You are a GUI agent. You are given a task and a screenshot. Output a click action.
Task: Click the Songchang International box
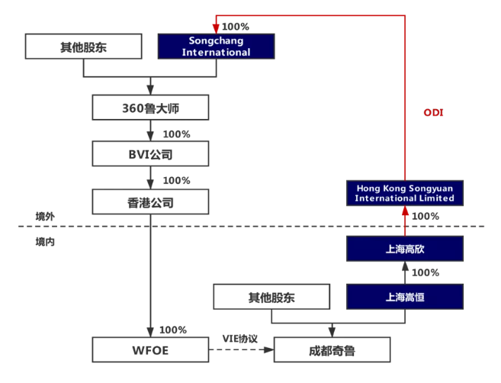pos(216,47)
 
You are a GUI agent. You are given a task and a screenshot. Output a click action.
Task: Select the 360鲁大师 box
pos(150,108)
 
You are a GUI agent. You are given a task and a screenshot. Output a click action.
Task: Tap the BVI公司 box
pos(150,154)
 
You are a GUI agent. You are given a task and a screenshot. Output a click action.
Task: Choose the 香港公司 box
pos(150,202)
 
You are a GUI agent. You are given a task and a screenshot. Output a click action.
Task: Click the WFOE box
pos(150,349)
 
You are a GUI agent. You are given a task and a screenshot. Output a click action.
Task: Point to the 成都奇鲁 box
pos(332,350)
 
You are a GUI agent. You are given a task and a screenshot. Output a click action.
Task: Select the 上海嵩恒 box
pos(404,296)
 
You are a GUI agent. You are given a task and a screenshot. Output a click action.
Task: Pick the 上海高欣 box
pos(404,249)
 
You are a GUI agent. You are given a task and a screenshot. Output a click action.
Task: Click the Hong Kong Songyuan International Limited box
pos(404,192)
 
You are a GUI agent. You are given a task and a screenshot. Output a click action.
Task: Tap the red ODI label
pos(433,113)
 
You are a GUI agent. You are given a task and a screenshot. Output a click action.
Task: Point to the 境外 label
pos(45,217)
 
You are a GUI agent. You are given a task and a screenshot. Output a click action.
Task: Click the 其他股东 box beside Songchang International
pos(84,47)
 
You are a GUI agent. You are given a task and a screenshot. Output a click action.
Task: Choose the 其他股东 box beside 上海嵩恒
pos(272,296)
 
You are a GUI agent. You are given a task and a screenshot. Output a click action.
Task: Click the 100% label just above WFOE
pos(173,330)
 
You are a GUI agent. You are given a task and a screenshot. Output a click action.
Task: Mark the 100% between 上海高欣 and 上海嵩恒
pos(426,272)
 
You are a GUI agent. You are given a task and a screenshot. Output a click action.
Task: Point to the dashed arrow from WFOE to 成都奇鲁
pos(240,350)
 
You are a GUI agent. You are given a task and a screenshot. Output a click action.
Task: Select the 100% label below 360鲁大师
pos(177,134)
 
